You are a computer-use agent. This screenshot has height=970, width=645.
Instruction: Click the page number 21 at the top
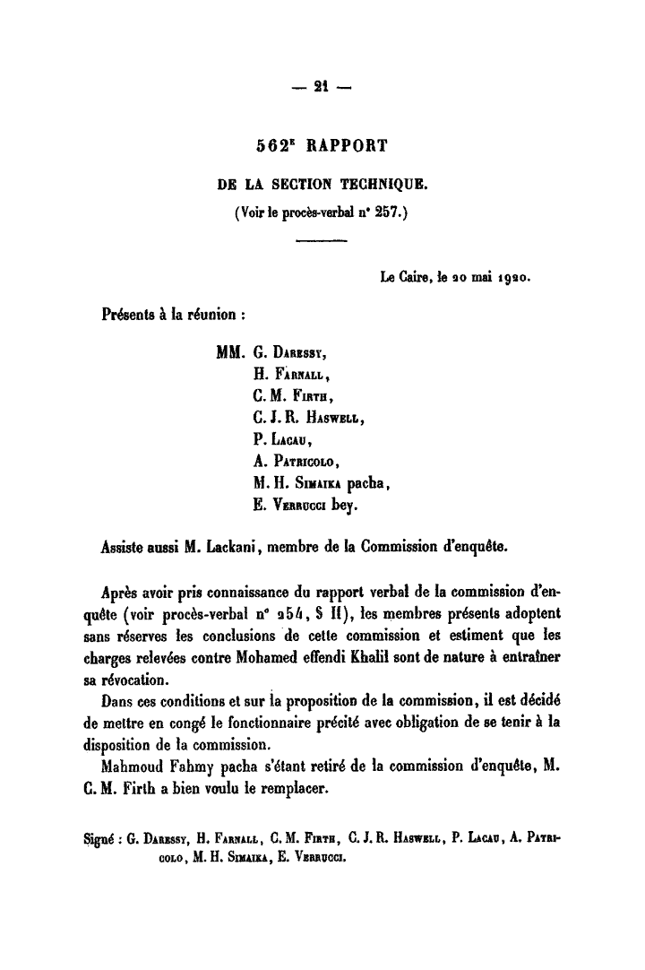pyautogui.click(x=322, y=87)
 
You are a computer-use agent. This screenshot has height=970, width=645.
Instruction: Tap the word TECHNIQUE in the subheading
pyautogui.click(x=381, y=186)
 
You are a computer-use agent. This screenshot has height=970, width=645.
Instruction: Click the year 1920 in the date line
pyautogui.click(x=512, y=279)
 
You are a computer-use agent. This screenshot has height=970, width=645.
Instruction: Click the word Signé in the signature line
pyautogui.click(x=93, y=841)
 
